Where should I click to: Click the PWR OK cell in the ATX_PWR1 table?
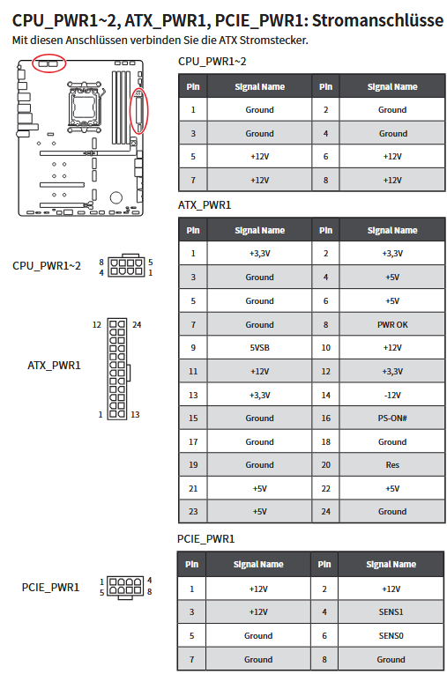pyautogui.click(x=392, y=324)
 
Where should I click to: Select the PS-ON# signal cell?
pyautogui.click(x=392, y=418)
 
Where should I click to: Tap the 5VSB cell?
pyautogui.click(x=259, y=348)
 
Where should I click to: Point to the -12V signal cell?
pyautogui.click(x=392, y=395)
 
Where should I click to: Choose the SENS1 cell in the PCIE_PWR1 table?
pyautogui.click(x=391, y=611)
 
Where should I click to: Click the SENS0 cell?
pyautogui.click(x=391, y=635)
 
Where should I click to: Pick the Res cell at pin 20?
pyautogui.click(x=392, y=464)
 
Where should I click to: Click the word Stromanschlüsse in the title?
pyautogui.click(x=377, y=20)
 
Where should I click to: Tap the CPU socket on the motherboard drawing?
pyautogui.click(x=85, y=104)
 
